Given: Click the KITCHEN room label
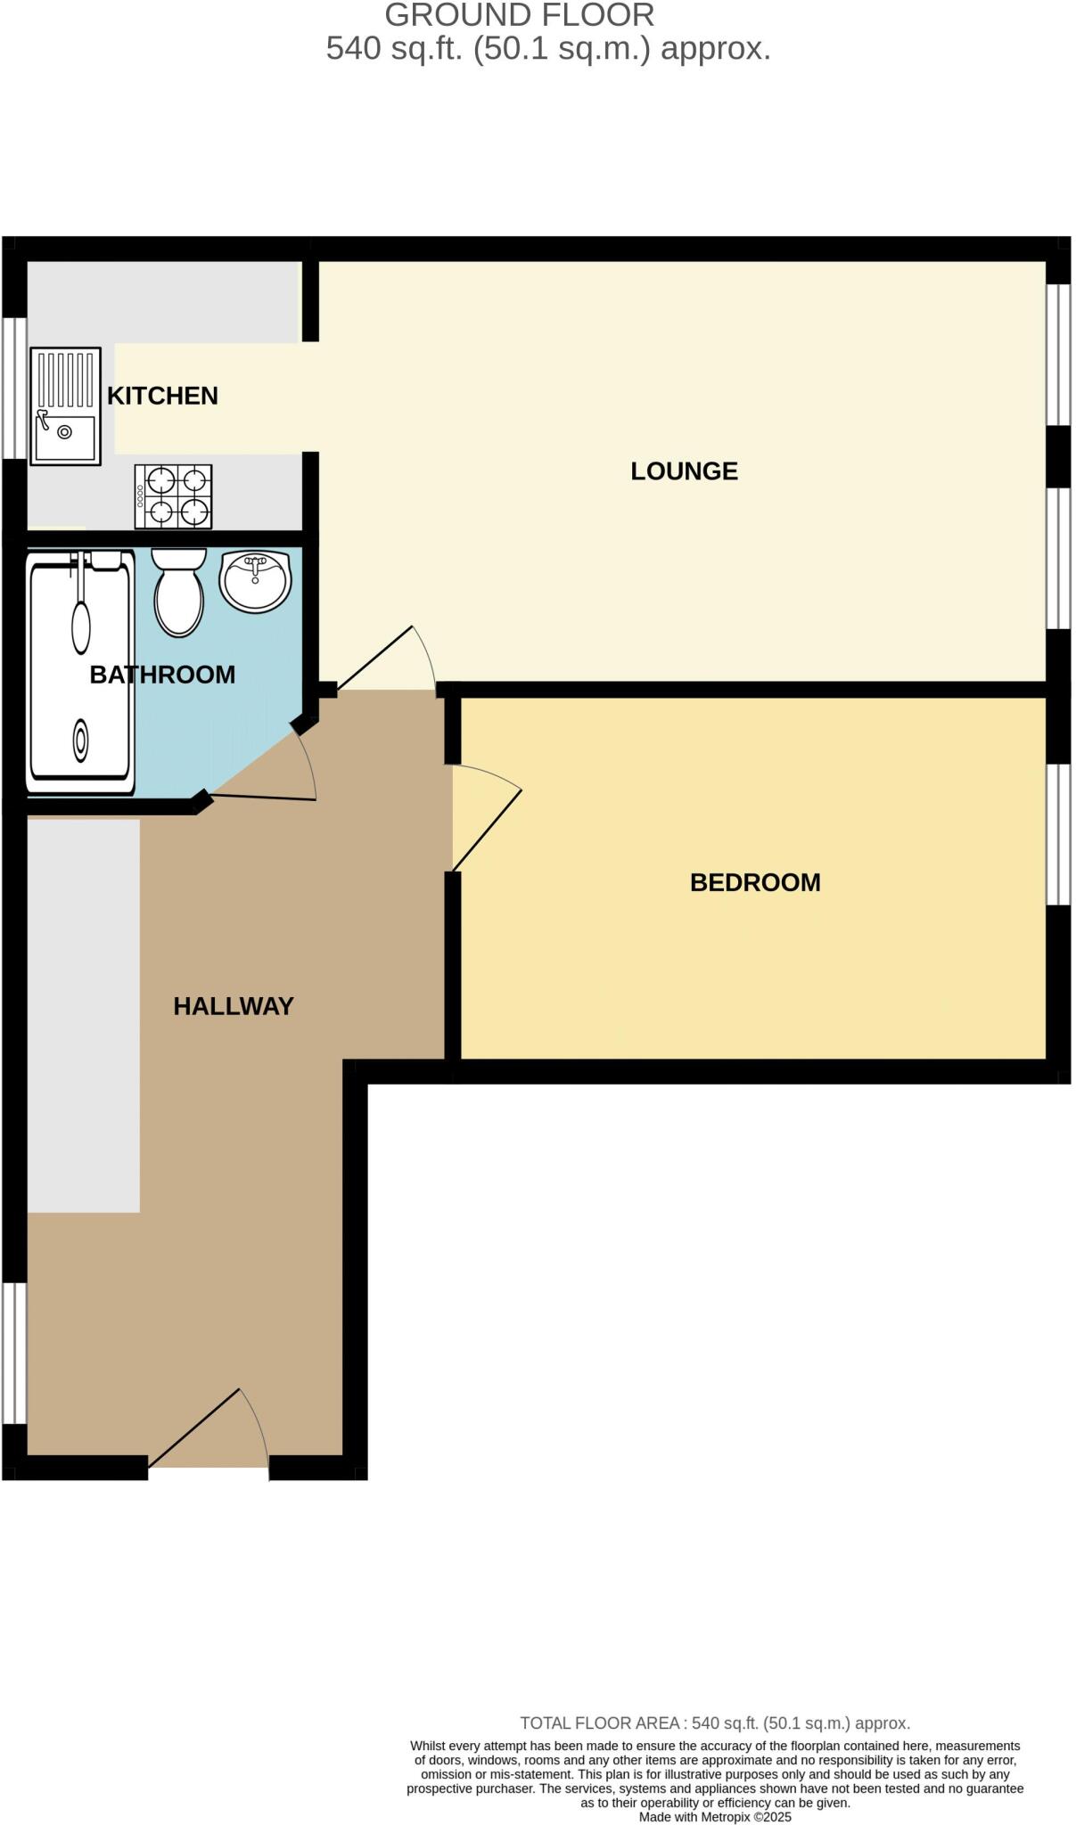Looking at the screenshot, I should pos(162,396).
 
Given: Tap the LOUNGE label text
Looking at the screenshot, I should pos(684,471).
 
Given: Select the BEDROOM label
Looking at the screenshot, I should pos(755,882).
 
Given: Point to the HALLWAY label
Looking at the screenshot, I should pos(234,1006).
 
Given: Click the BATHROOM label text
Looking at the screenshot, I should pos(162,675).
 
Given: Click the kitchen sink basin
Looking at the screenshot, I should pos(65,438).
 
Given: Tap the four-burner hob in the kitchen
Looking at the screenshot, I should pos(174,496).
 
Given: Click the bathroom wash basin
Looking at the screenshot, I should pos(256,581).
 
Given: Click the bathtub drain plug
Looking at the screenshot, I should pos(81,740).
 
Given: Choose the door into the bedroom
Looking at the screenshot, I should pos(486,818).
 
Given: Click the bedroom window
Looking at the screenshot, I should pos(1057,834).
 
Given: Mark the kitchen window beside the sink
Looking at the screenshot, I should pos(14,388).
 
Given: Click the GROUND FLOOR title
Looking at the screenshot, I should pos(520,15).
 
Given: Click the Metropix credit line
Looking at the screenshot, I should pos(715,1817).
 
